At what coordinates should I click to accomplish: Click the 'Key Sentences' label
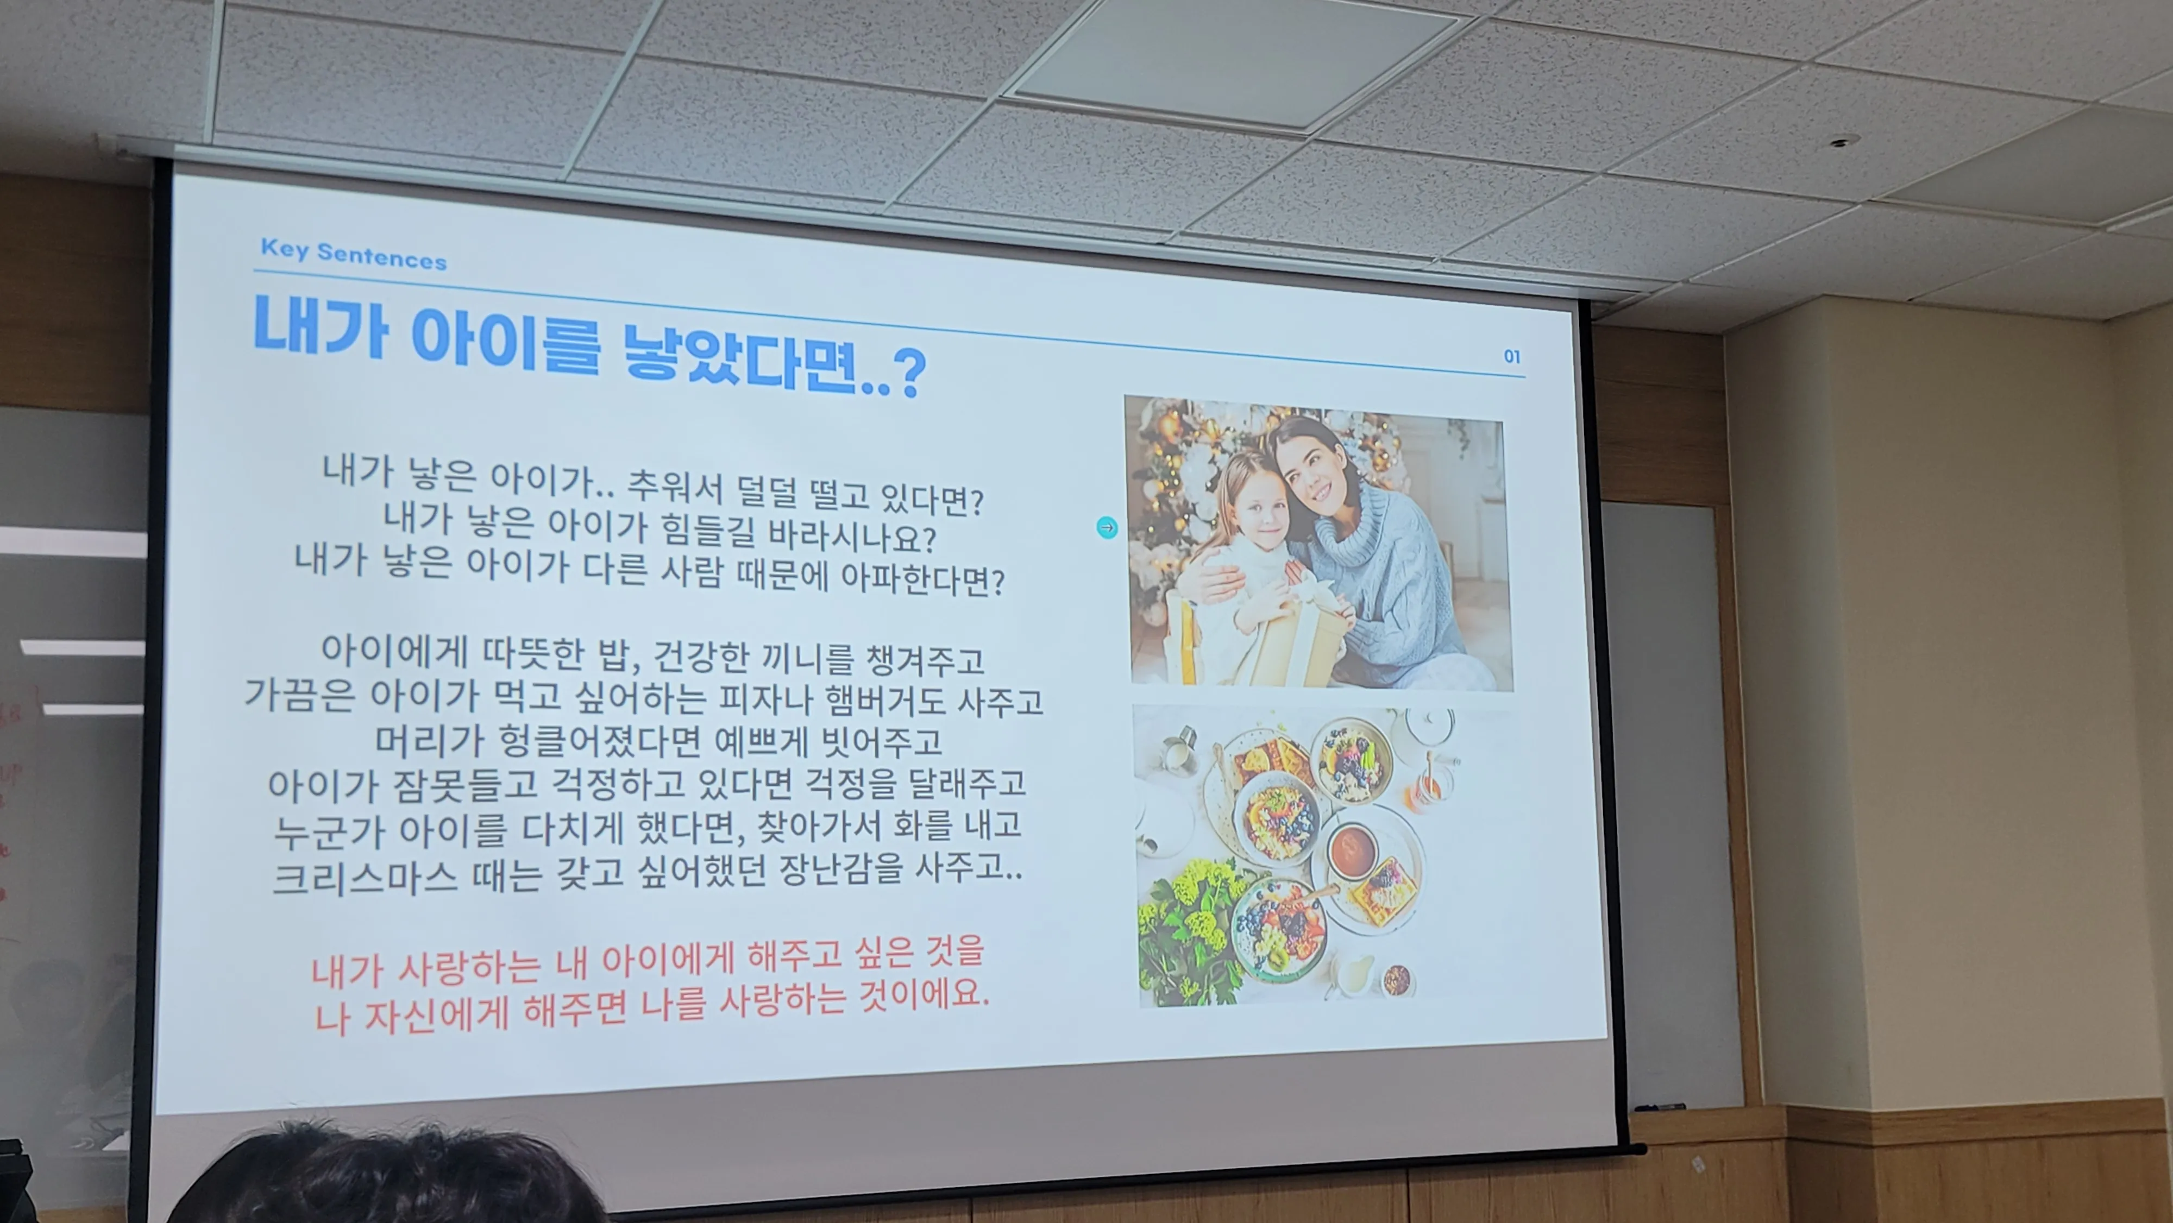click(354, 254)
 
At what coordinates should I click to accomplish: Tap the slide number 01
click(1512, 357)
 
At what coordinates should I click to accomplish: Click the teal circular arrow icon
click(1107, 528)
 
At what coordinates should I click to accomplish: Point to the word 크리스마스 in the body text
click(365, 877)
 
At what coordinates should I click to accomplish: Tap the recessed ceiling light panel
click(1231, 63)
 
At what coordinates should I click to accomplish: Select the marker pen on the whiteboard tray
click(1659, 1107)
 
